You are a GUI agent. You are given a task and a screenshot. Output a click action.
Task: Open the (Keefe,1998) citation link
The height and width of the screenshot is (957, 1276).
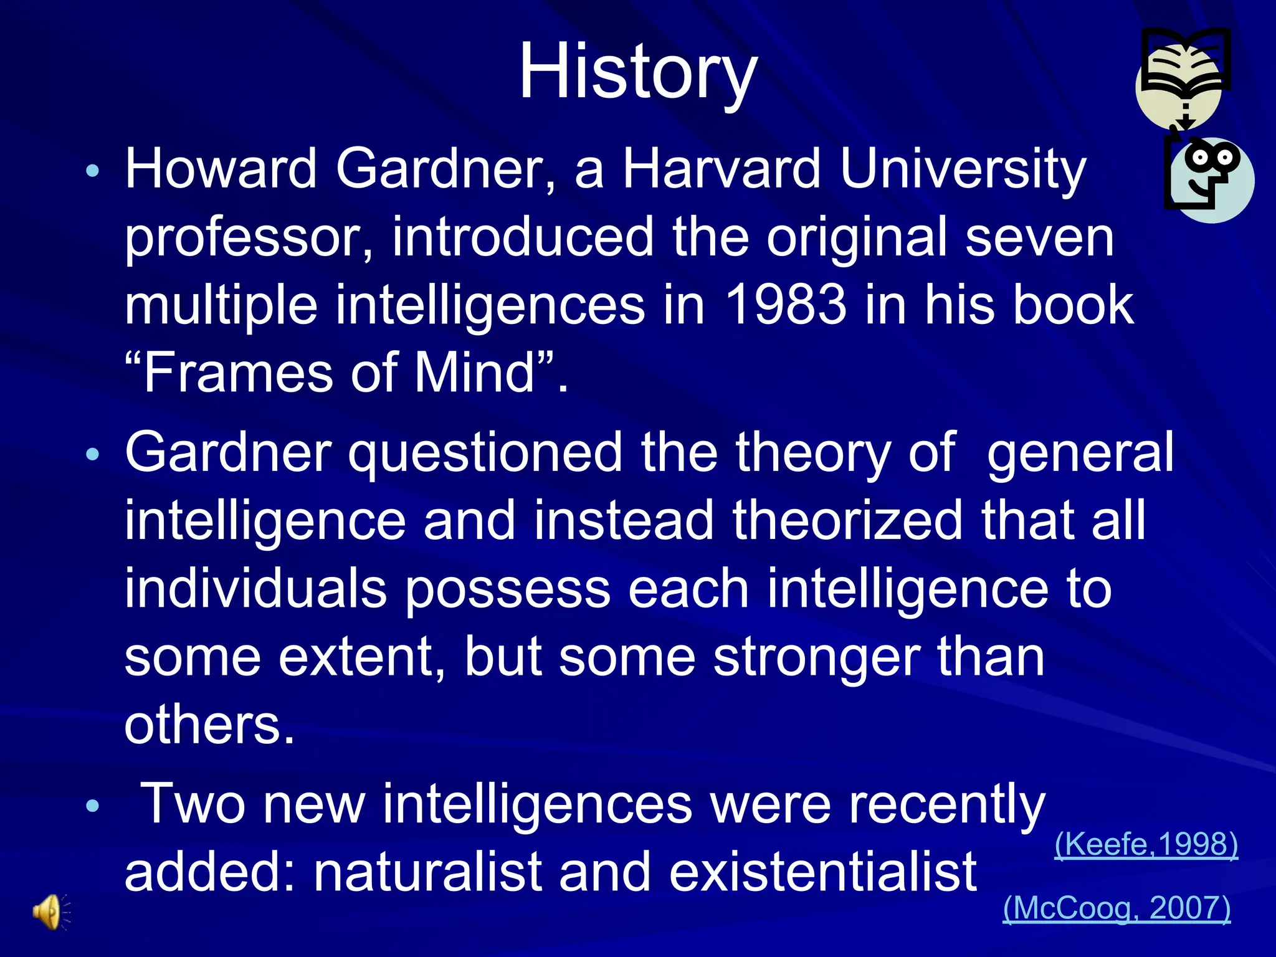point(1146,844)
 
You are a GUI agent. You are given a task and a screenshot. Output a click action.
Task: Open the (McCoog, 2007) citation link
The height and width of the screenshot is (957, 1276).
point(1116,908)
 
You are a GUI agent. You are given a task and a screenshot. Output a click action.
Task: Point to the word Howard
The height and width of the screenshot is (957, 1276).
point(221,169)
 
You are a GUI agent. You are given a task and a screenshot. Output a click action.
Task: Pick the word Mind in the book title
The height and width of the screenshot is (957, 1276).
point(474,373)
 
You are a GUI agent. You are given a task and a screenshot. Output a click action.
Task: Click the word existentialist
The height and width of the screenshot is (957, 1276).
point(822,872)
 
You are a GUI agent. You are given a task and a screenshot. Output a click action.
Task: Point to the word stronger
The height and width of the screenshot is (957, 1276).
point(816,658)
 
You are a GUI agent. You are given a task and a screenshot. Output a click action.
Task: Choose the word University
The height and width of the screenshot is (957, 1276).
point(963,169)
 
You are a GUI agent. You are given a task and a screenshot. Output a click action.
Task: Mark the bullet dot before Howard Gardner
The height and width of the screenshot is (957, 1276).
point(93,171)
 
